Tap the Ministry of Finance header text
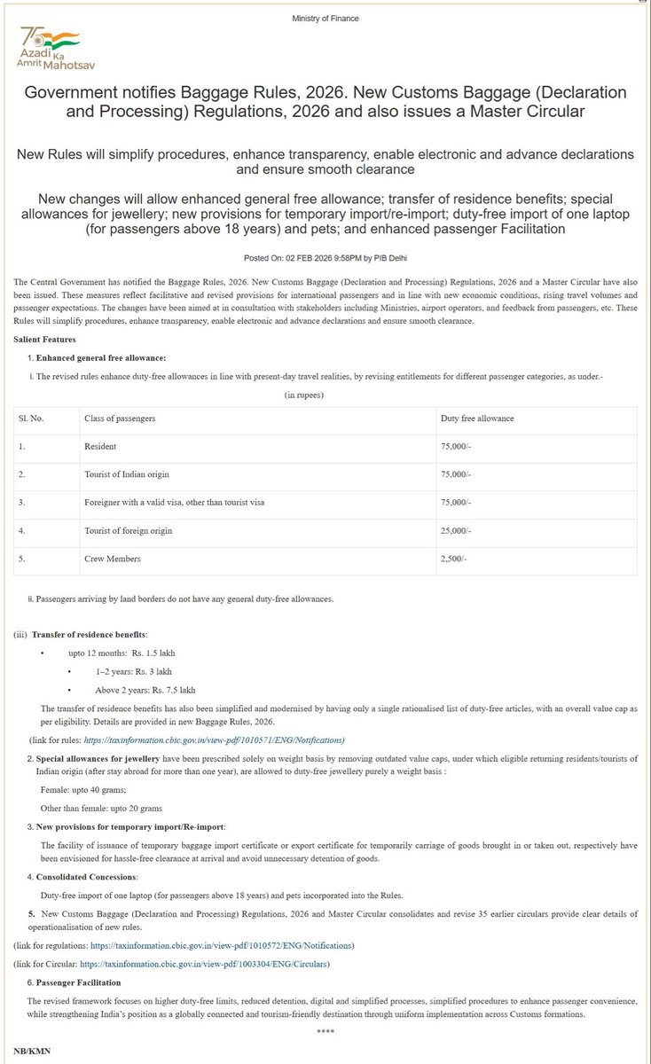click(325, 18)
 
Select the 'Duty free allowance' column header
click(476, 417)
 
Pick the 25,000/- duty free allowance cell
click(458, 531)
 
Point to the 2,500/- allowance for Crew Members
click(456, 559)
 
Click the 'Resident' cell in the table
click(100, 446)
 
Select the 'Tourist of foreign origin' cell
click(128, 531)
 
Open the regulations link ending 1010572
click(228, 945)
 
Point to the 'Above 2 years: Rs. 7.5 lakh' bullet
click(145, 689)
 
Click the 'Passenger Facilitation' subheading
click(79, 982)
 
